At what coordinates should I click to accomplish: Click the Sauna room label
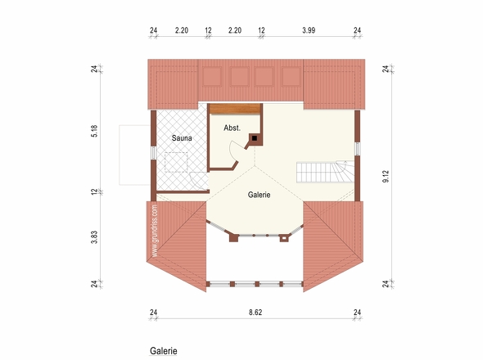coord(182,138)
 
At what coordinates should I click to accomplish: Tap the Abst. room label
coord(232,128)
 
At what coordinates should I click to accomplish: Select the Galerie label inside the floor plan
coord(259,195)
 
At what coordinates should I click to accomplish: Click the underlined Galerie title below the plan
coord(164,351)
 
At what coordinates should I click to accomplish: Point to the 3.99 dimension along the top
coord(309,30)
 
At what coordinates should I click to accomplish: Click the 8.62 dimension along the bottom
coord(255,313)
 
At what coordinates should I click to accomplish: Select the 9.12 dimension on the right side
coord(386,177)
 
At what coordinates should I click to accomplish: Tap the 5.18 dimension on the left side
coord(94,131)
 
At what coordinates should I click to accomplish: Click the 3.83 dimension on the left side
coord(94,237)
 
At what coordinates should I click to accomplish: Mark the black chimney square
coord(255,138)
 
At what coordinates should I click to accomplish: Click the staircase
coord(325,172)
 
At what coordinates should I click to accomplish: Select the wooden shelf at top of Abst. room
coord(235,109)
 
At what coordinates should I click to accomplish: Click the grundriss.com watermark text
coord(155,231)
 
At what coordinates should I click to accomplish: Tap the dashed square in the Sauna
coord(176,162)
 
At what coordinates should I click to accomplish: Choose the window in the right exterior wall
coord(357,149)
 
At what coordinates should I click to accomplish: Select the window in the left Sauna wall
coord(153,153)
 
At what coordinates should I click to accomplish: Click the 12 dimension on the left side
coord(94,191)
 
